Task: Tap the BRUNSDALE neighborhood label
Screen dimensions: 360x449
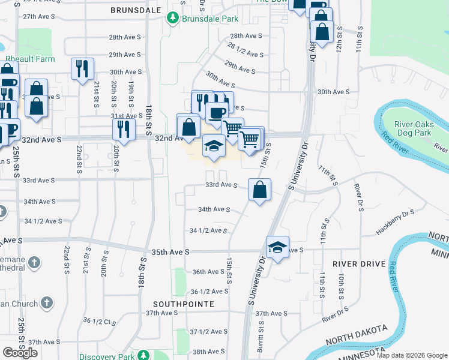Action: [136, 10]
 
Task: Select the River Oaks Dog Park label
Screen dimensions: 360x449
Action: [413, 128]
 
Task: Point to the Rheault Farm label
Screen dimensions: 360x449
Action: [30, 59]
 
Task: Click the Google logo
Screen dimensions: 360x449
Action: [20, 353]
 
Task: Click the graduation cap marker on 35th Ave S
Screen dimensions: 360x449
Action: [277, 247]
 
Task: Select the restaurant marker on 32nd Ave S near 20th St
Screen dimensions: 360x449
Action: [124, 130]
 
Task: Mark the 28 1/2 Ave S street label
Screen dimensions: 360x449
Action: [246, 50]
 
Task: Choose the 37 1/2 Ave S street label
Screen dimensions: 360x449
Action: [208, 332]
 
